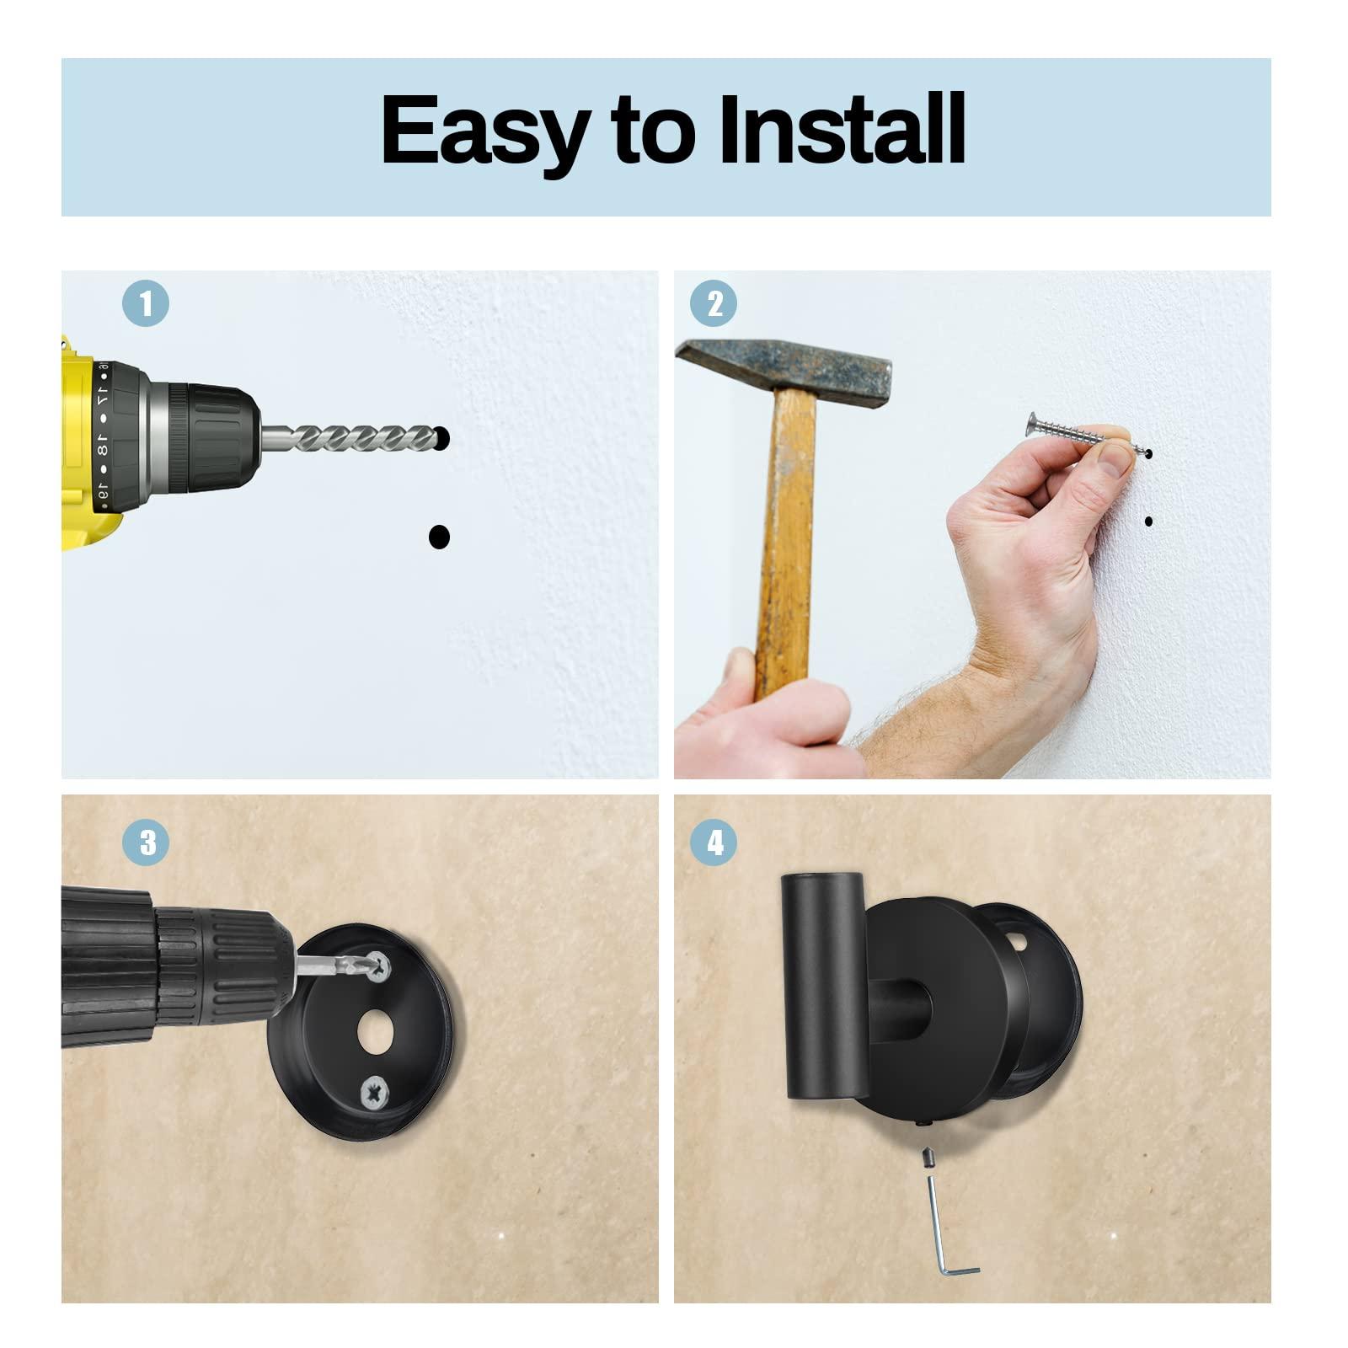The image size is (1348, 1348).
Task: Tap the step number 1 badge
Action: [x=146, y=303]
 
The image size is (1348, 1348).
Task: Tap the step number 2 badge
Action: [x=713, y=303]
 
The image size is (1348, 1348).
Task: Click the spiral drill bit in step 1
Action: [x=354, y=438]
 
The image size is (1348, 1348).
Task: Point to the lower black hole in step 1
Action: [x=439, y=537]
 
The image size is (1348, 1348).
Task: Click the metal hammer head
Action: [x=784, y=366]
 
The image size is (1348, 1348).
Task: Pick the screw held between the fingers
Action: [x=1074, y=433]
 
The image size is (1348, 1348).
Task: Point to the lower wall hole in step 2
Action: [x=1149, y=522]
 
